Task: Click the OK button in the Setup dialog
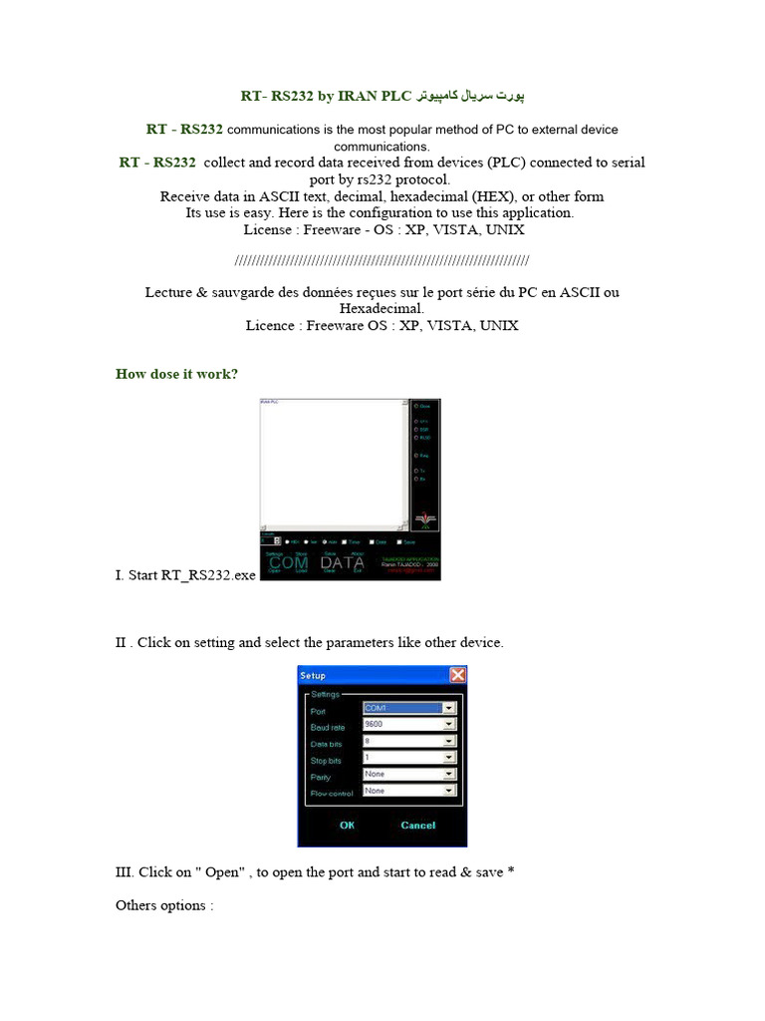[x=347, y=825]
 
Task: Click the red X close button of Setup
[x=457, y=675]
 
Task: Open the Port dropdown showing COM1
[x=449, y=709]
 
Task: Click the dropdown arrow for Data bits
[x=449, y=742]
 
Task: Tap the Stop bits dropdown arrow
[x=449, y=758]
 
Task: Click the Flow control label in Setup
[x=332, y=793]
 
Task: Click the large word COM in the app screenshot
[x=289, y=562]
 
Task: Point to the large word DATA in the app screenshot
[x=343, y=562]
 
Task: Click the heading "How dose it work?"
[x=176, y=374]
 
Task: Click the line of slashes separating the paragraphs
[x=382, y=261]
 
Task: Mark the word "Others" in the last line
[x=137, y=905]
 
